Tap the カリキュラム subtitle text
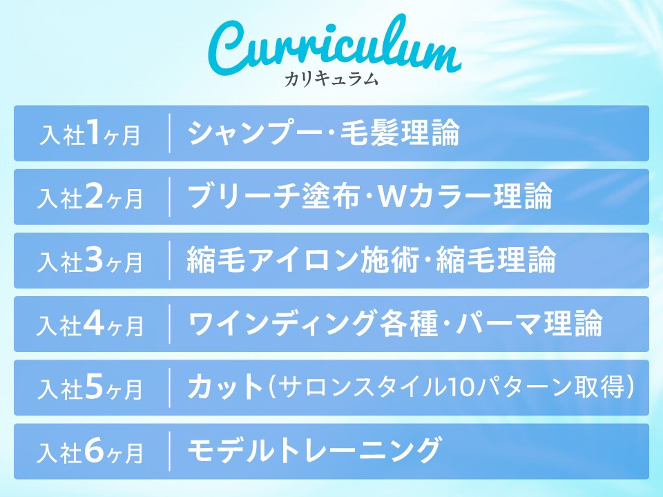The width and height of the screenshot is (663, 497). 331,79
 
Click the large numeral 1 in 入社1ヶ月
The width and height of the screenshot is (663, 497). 93,132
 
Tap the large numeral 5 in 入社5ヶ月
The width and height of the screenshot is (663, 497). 94,387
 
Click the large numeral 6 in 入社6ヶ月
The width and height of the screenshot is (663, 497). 94,451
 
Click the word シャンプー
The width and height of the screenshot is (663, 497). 255,133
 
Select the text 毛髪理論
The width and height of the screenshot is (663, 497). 400,133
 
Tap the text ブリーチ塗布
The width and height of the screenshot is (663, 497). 273,196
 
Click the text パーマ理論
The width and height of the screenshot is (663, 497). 528,323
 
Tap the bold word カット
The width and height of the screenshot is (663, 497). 226,387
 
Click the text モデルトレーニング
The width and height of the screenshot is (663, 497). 314,451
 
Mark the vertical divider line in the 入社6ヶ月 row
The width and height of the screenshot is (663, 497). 170,451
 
